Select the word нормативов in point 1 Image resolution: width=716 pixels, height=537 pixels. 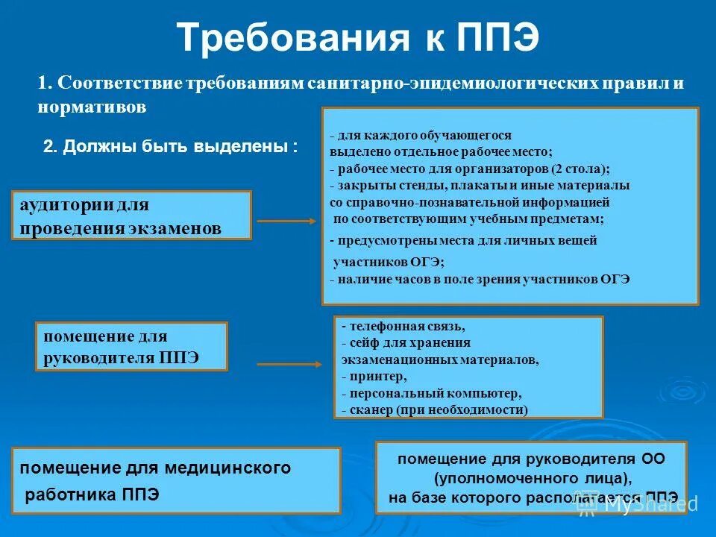tap(92, 107)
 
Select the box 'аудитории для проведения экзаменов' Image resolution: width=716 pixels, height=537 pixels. tap(131, 216)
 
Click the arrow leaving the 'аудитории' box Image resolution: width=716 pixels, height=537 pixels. tap(286, 221)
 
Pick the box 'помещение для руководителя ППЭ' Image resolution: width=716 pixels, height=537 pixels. tap(131, 347)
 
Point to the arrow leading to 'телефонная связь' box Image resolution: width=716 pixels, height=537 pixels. tap(288, 365)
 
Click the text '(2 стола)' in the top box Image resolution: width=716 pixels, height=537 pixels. tap(581, 168)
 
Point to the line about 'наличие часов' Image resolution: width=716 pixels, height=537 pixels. tap(480, 279)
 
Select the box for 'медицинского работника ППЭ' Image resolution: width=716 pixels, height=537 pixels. tap(176, 481)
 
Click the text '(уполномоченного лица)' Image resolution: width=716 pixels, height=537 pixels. tap(531, 477)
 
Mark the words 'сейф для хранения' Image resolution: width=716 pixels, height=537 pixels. tap(406, 343)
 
